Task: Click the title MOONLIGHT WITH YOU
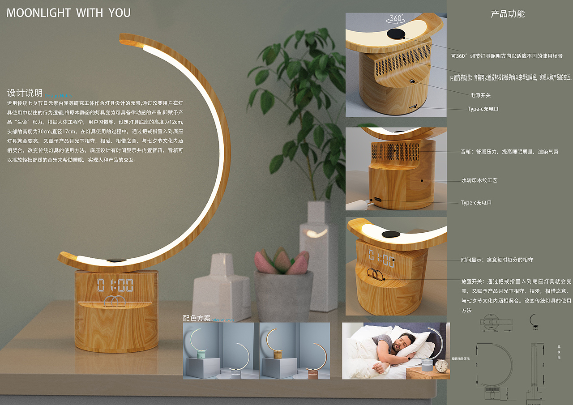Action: click(x=68, y=13)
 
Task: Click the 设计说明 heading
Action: click(x=25, y=93)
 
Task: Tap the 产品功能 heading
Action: click(x=508, y=14)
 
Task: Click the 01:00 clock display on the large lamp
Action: click(x=115, y=285)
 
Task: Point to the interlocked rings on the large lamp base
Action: click(x=115, y=301)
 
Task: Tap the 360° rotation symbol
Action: click(x=396, y=18)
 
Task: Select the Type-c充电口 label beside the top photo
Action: click(x=483, y=109)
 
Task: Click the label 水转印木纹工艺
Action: click(x=479, y=180)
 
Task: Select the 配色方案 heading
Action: click(x=197, y=318)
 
